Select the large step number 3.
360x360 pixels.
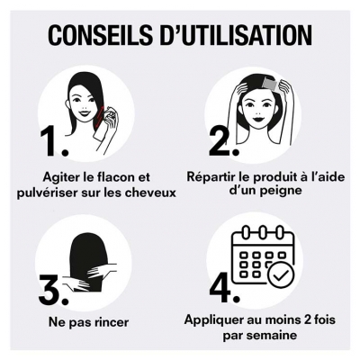[53, 289]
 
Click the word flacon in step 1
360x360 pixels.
[121, 175]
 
